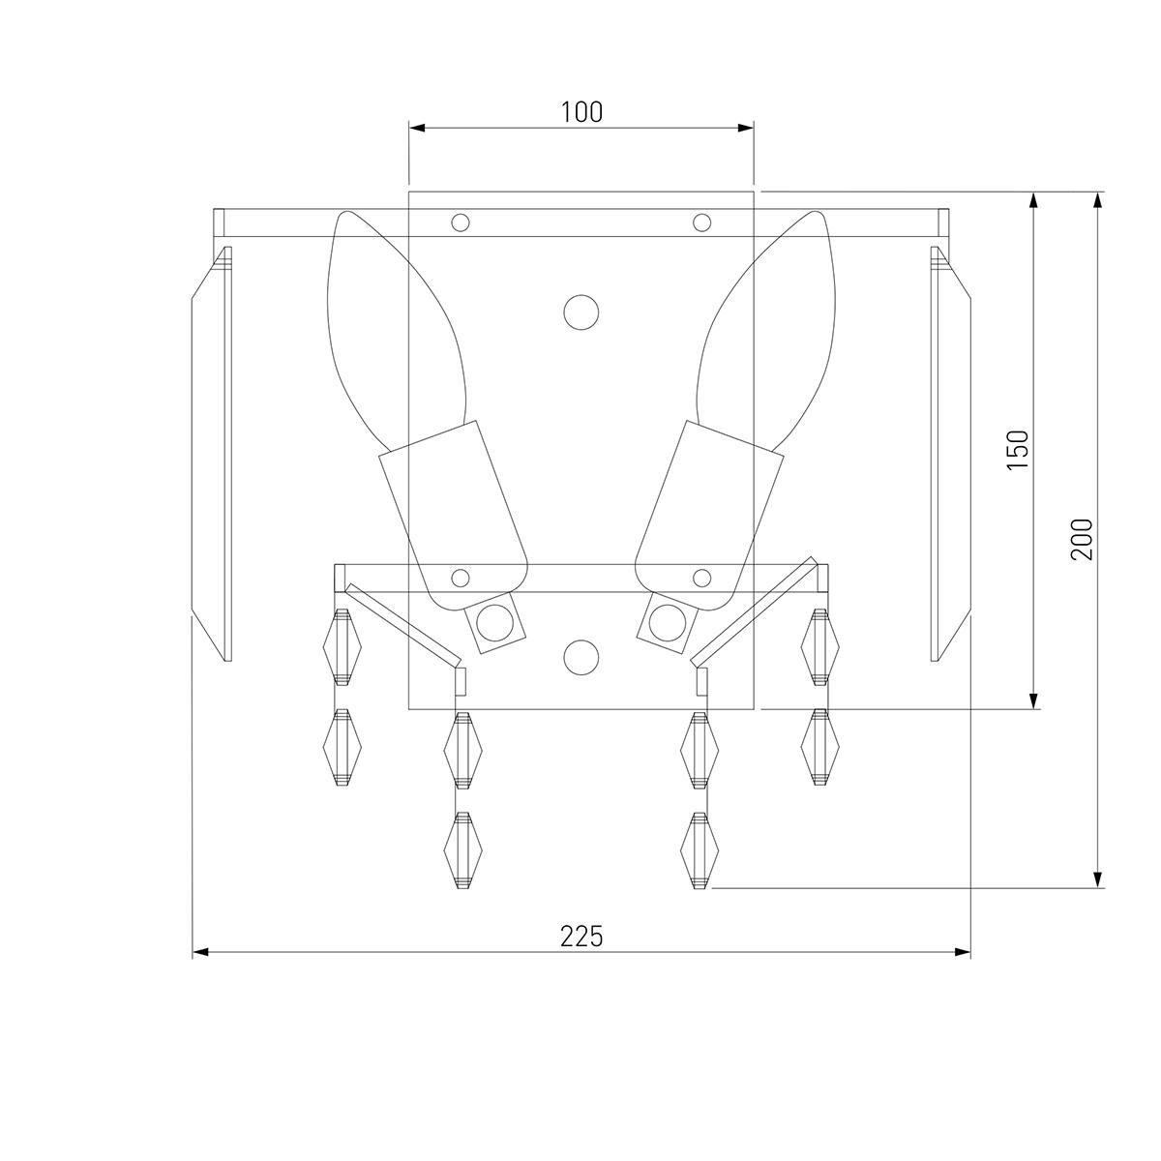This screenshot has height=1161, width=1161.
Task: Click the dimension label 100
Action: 581,112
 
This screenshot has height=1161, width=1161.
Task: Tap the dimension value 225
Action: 581,937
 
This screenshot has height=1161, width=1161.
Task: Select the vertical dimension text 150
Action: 1018,450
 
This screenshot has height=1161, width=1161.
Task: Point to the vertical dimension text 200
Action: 1082,539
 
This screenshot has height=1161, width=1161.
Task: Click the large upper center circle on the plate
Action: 581,313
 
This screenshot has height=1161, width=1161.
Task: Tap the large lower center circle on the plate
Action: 581,657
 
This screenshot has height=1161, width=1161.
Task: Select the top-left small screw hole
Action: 461,223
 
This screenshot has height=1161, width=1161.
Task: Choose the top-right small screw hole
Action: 701,223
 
